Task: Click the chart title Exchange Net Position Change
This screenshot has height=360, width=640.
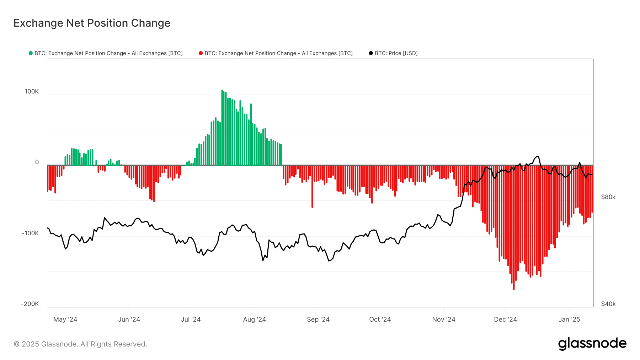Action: click(x=92, y=23)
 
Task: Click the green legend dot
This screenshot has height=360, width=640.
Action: click(x=31, y=53)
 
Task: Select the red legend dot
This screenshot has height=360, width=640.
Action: click(x=201, y=53)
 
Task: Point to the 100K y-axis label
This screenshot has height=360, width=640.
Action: click(x=32, y=91)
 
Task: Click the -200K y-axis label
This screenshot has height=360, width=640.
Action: click(x=30, y=304)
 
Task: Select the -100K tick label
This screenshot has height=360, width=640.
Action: click(x=30, y=233)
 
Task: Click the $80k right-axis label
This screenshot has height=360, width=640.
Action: click(x=608, y=197)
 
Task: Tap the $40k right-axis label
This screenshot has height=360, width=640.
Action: click(x=608, y=304)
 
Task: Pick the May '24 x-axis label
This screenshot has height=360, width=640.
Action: click(x=65, y=319)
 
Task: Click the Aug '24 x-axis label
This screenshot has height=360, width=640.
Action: click(x=254, y=319)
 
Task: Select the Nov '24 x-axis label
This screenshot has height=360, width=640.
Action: click(x=443, y=319)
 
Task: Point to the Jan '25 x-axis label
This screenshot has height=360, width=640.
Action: click(x=569, y=319)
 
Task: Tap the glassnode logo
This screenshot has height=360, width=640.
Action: click(x=592, y=344)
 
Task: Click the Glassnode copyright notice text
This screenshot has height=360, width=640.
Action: click(x=80, y=344)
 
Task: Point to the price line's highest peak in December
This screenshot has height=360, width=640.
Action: click(x=537, y=156)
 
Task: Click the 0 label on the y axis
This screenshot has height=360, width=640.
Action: click(x=37, y=162)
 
